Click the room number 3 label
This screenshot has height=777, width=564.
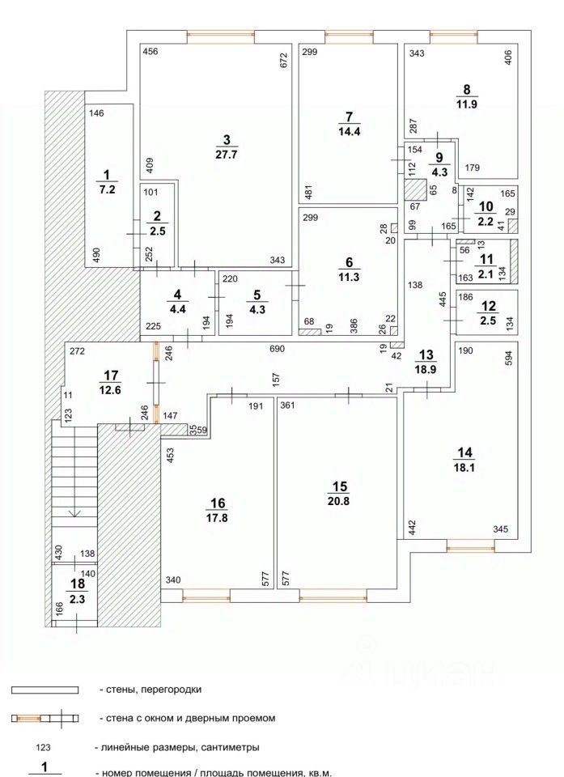[x=227, y=139]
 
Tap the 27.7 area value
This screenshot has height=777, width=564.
[x=227, y=154]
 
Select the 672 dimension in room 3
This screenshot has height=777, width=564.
[x=284, y=59]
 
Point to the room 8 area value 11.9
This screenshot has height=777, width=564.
[x=466, y=104]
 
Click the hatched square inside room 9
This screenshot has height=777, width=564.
[x=415, y=189]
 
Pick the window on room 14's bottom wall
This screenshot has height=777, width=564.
[x=470, y=547]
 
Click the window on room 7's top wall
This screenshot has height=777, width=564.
[x=350, y=34]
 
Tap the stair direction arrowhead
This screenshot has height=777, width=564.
[x=74, y=514]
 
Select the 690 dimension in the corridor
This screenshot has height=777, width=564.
[x=277, y=349]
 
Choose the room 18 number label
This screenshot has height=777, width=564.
[x=78, y=584]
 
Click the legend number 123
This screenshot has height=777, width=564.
[x=44, y=747]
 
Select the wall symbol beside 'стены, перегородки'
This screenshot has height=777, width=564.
[x=45, y=690]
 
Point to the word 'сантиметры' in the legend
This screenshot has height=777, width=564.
[x=232, y=747]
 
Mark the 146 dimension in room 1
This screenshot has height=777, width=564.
[x=96, y=113]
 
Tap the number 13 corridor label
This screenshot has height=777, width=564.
[x=426, y=355]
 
